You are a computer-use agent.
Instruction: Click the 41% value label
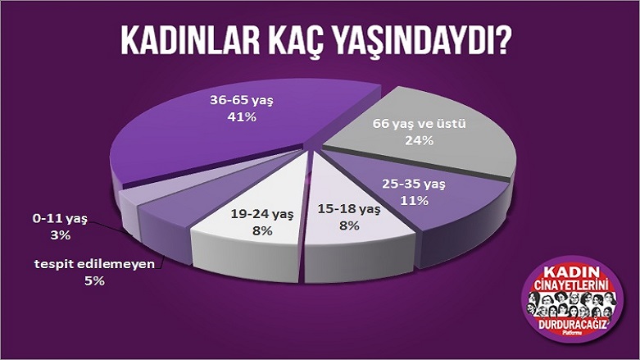[242, 117]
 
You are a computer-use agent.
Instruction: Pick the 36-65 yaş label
[242, 100]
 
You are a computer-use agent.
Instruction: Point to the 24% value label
[420, 140]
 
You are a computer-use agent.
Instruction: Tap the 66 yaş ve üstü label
[420, 123]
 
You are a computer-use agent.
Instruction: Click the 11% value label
[414, 201]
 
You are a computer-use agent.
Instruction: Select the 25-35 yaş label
[414, 184]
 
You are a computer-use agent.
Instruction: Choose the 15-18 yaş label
[349, 209]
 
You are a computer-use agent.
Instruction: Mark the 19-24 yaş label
[262, 214]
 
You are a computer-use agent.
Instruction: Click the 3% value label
[61, 235]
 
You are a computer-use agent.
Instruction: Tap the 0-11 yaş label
[60, 219]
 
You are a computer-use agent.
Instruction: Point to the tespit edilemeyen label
[95, 264]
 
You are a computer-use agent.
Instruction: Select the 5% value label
[95, 281]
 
